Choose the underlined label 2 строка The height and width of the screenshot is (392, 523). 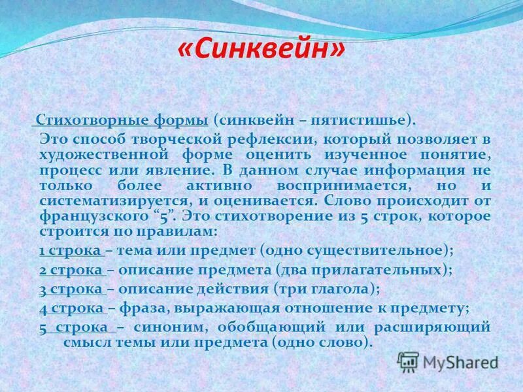(71, 269)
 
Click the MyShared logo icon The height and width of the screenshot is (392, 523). (407, 361)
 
